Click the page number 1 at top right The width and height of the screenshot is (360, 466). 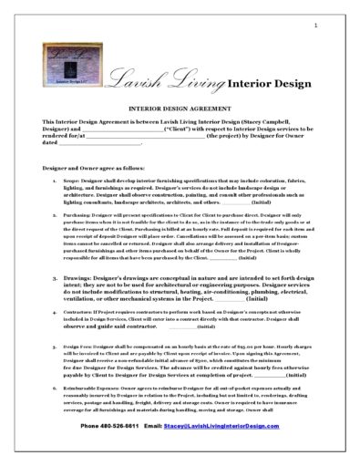pos(314,25)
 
